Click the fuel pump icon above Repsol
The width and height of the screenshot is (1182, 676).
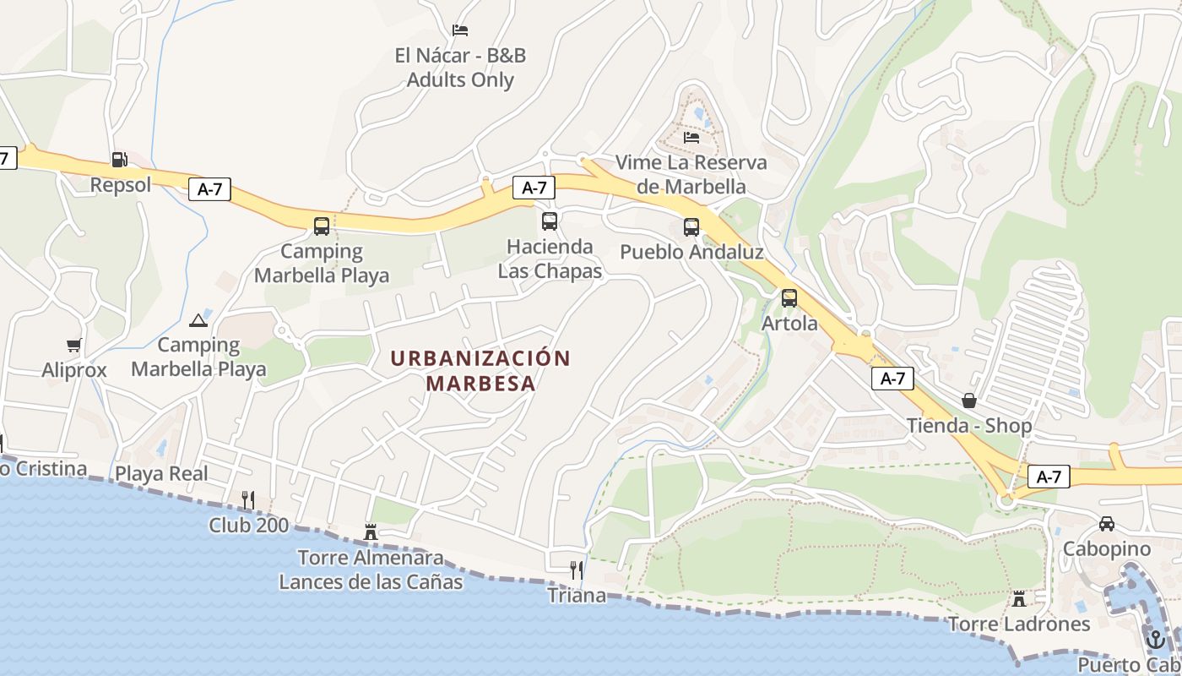[x=119, y=159]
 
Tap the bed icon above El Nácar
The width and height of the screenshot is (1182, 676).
[x=460, y=30]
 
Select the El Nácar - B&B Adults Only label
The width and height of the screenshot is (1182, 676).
[x=460, y=68]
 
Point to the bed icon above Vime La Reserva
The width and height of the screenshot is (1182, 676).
[x=691, y=137]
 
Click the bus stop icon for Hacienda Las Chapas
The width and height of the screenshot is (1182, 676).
[x=550, y=221]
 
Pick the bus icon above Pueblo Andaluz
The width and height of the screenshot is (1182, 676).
[x=691, y=226]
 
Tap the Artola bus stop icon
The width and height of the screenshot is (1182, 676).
[x=789, y=297]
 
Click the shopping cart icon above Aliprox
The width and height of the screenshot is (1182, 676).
[x=74, y=345]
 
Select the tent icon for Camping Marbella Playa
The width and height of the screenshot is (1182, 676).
[x=198, y=319]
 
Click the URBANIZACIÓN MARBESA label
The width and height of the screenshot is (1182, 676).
[x=480, y=370]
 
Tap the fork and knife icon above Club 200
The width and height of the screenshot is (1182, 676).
[x=248, y=500]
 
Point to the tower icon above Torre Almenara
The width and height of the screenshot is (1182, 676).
[x=371, y=532]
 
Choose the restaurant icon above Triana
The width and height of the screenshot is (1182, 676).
[x=577, y=570]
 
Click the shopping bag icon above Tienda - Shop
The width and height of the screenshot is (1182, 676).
[x=969, y=400]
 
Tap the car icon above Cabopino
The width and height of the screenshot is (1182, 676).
[x=1107, y=524]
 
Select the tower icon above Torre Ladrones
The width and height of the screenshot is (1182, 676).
[x=1019, y=598]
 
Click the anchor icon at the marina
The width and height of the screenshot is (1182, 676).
[x=1155, y=640]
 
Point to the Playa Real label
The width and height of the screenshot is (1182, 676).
[x=161, y=473]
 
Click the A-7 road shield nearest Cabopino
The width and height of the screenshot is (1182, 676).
[x=1049, y=477]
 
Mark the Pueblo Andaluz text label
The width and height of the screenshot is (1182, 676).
[x=691, y=252]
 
